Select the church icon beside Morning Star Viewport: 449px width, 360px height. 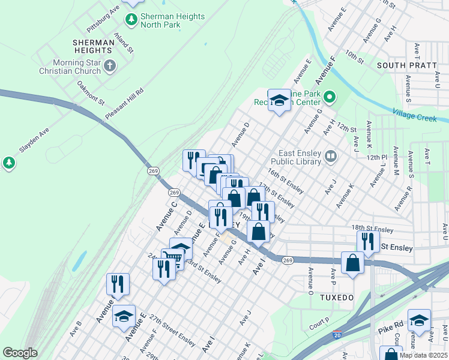[109, 65]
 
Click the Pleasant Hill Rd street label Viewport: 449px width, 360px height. [125, 103]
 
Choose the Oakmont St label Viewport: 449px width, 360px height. [91, 94]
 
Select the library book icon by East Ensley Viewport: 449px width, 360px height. [330, 157]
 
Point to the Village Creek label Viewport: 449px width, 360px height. [415, 115]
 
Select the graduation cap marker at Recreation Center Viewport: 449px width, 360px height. [279, 101]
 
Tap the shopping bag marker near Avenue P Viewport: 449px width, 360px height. [353, 262]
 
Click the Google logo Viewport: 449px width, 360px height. [20, 353]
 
